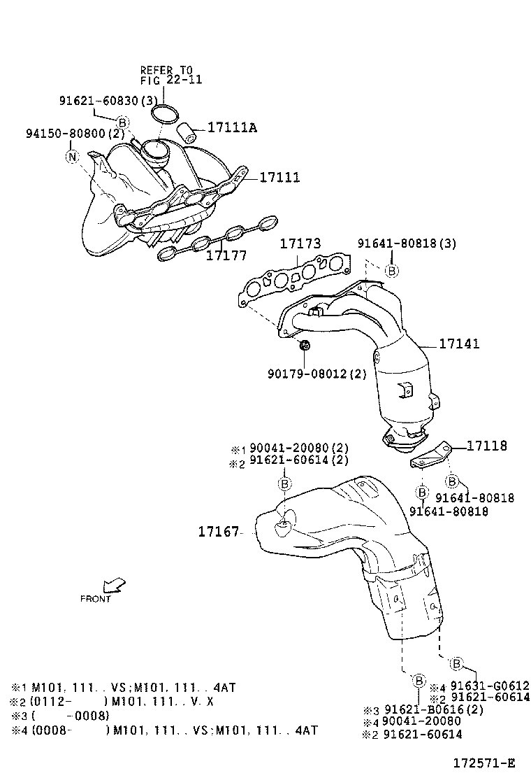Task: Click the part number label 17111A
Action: (x=232, y=127)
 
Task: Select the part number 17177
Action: (x=226, y=255)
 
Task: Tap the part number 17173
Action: (x=300, y=243)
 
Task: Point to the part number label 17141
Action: (x=460, y=344)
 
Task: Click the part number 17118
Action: (x=487, y=446)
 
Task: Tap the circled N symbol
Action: (x=72, y=157)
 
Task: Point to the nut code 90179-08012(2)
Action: (x=317, y=374)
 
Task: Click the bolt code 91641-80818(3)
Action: (x=407, y=243)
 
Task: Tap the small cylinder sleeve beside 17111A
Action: (x=185, y=131)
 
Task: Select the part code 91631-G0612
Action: (x=489, y=686)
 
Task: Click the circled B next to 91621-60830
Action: (x=122, y=122)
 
